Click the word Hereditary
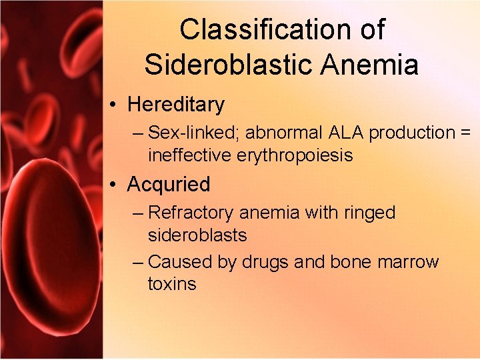click(x=176, y=105)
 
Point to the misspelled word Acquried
click(x=169, y=184)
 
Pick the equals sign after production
click(x=465, y=133)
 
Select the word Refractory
click(x=191, y=213)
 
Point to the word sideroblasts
click(x=197, y=235)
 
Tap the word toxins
click(x=172, y=284)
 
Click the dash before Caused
click(x=138, y=262)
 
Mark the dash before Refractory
click(x=138, y=213)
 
